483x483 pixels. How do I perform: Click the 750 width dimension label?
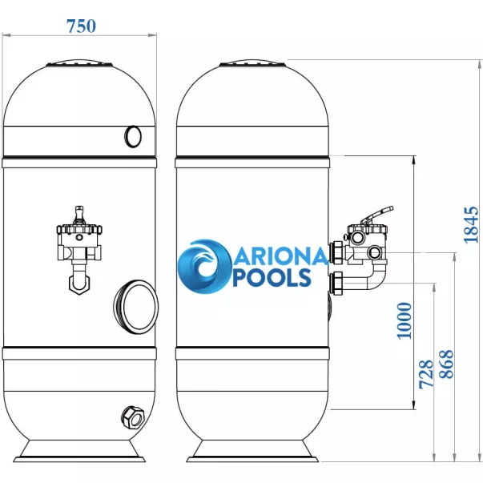82,26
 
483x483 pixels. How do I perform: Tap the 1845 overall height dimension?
472,225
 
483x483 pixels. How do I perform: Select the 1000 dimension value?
405,320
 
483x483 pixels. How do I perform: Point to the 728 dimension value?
426,373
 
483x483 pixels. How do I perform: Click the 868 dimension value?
447,364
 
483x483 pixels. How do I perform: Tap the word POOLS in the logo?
272,277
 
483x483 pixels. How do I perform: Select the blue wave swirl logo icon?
204,266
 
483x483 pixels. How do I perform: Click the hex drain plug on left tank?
133,417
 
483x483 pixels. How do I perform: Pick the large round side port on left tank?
136,307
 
